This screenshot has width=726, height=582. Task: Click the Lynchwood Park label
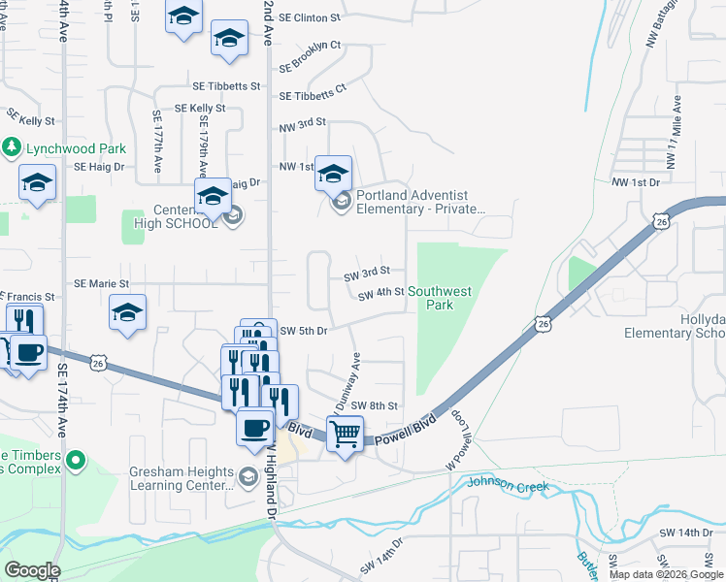click(x=77, y=148)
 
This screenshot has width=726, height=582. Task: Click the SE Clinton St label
click(x=309, y=17)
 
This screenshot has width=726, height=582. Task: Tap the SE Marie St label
click(x=102, y=283)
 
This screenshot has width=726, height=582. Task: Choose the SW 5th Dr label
click(x=303, y=331)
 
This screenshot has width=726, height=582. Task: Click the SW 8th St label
click(x=374, y=405)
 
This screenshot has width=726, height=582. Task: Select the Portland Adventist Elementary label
click(x=419, y=201)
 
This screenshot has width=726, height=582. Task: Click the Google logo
click(x=32, y=570)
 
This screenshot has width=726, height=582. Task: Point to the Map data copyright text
click(x=666, y=574)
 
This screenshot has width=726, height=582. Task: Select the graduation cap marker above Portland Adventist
click(x=333, y=174)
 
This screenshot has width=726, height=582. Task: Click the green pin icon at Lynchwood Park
click(x=12, y=148)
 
